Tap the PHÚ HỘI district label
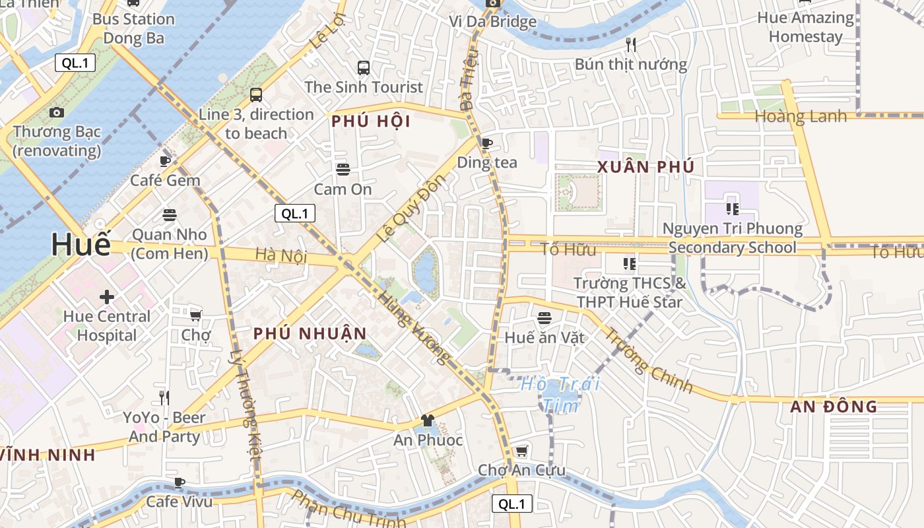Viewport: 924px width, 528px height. click(x=371, y=121)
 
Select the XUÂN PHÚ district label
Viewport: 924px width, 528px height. click(x=645, y=167)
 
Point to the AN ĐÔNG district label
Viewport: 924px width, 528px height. click(x=834, y=407)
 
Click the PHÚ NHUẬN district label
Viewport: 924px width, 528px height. click(x=310, y=334)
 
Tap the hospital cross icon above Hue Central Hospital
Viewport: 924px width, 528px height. click(x=107, y=297)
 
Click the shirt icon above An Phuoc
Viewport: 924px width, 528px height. click(x=427, y=420)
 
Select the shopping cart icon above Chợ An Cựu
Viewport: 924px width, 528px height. click(x=521, y=451)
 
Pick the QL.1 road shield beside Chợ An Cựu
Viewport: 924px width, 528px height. click(x=511, y=504)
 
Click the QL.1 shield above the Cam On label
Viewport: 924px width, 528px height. click(x=294, y=213)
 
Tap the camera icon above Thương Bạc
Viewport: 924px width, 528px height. click(x=57, y=112)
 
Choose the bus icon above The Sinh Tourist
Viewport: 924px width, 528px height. click(x=363, y=67)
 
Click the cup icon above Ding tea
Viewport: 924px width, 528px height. click(x=486, y=143)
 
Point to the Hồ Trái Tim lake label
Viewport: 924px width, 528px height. click(x=560, y=394)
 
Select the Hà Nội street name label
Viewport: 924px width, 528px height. click(x=281, y=255)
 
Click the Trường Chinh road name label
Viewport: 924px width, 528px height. click(x=648, y=360)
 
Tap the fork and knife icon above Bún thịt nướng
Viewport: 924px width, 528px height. click(x=631, y=45)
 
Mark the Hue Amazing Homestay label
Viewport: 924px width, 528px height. click(x=805, y=27)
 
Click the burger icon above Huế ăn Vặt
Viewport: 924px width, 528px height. click(x=544, y=318)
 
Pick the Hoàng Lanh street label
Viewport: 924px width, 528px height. click(x=801, y=117)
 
